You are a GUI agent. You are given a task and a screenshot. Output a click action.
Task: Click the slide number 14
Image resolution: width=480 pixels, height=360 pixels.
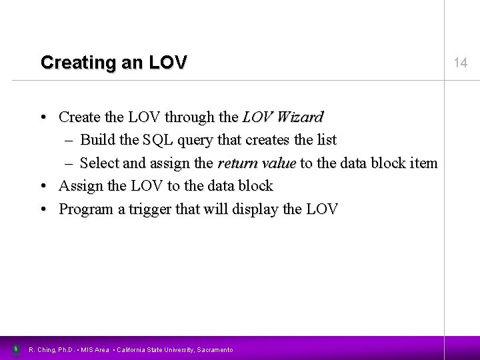[x=460, y=63]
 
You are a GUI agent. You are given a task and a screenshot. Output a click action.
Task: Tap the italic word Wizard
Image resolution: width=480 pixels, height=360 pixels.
[x=298, y=117]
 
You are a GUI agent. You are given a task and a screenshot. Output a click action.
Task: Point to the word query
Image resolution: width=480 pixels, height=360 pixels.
[x=197, y=141]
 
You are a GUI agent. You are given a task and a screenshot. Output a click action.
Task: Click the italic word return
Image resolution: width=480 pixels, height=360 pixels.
[x=237, y=163]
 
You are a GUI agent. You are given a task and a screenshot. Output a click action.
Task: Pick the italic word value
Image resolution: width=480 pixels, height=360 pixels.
[x=277, y=163]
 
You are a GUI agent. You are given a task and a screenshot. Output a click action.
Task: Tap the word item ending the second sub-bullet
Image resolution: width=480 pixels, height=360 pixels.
[x=423, y=163]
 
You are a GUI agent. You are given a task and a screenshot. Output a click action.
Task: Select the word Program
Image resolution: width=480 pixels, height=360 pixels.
[x=85, y=209]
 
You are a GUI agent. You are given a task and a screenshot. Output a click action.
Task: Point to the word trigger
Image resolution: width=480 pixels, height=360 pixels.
[x=149, y=209]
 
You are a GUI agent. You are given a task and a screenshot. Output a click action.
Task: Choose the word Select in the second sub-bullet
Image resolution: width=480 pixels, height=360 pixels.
[x=99, y=163]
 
